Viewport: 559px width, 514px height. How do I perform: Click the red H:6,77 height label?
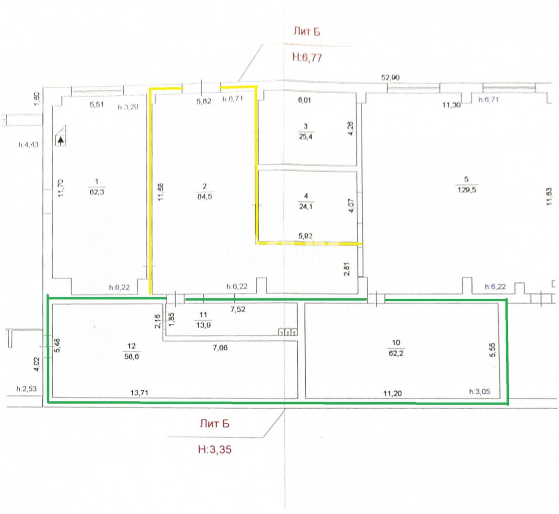click(x=307, y=57)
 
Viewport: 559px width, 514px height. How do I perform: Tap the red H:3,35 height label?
click(x=215, y=450)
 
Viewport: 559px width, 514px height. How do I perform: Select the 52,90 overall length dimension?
click(x=390, y=77)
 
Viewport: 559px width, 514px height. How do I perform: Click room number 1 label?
click(x=97, y=181)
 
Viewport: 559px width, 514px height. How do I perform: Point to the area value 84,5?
click(x=205, y=196)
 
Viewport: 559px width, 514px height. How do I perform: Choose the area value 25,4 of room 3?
click(x=306, y=137)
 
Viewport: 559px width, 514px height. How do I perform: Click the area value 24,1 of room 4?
click(x=306, y=206)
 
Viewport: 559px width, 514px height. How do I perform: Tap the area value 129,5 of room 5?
click(x=467, y=190)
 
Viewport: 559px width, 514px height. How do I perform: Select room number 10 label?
click(x=396, y=343)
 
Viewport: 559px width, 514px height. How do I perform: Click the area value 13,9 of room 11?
click(x=203, y=325)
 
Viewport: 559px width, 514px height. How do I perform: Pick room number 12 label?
click(x=132, y=346)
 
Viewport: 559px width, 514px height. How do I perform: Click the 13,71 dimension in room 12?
click(x=139, y=393)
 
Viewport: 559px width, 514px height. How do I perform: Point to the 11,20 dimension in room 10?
click(x=392, y=393)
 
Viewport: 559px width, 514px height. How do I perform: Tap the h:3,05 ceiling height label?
click(x=479, y=391)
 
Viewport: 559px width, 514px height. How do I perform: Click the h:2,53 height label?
click(x=26, y=389)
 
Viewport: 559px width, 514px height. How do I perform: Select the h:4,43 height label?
click(x=28, y=145)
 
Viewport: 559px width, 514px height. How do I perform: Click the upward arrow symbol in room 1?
click(x=61, y=140)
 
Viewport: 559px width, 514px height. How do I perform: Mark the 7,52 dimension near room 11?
click(x=238, y=309)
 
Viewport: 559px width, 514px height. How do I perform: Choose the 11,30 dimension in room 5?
click(x=451, y=105)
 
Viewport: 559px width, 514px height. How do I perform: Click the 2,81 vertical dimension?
click(x=347, y=269)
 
